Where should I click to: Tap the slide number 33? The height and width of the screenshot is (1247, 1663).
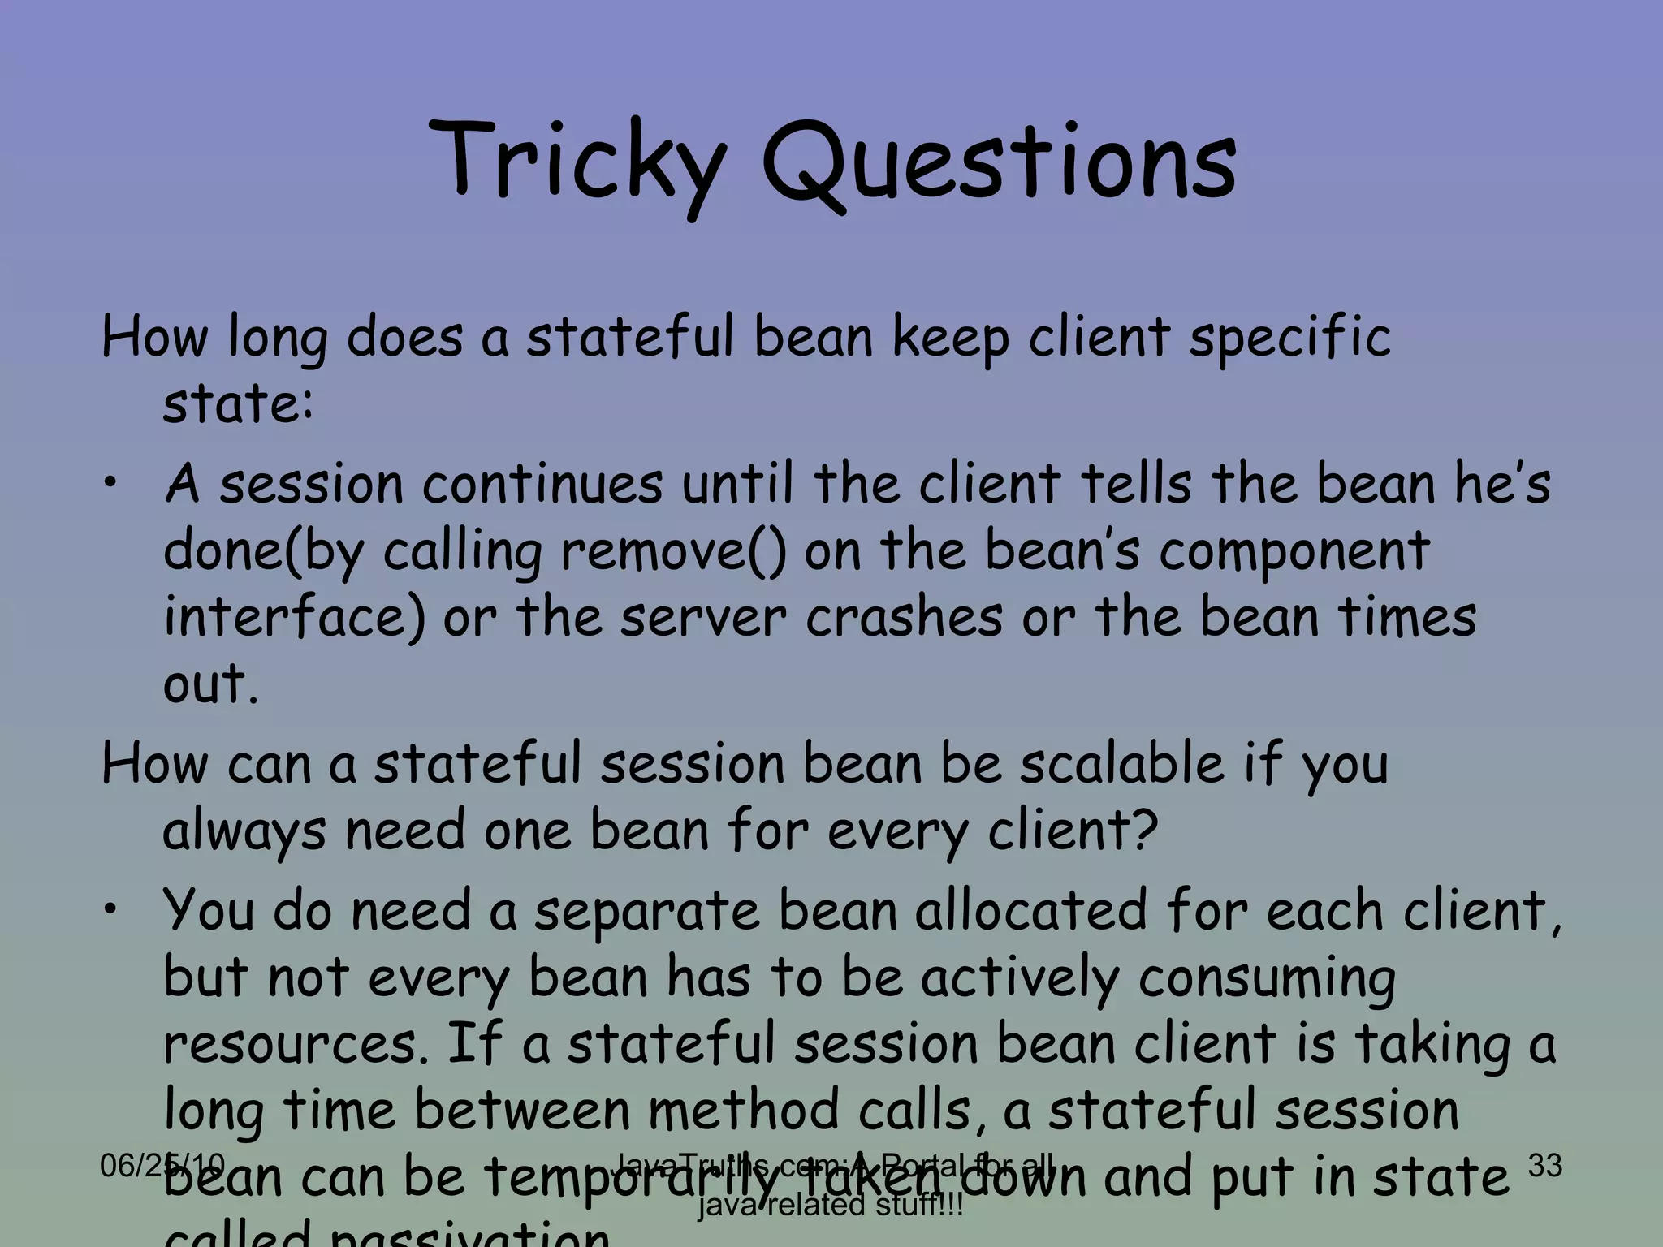[x=1544, y=1165]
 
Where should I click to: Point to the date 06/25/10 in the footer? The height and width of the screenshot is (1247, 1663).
[x=162, y=1166]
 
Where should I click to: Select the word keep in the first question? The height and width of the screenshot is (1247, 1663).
[x=951, y=338]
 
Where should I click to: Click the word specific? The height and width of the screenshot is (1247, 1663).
[x=1290, y=338]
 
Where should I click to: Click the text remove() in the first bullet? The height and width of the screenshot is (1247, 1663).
[x=673, y=551]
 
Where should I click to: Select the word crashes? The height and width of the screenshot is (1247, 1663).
[x=905, y=618]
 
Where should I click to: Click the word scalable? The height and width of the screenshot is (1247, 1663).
[x=1121, y=765]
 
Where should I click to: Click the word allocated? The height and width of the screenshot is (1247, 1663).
[x=1031, y=911]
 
